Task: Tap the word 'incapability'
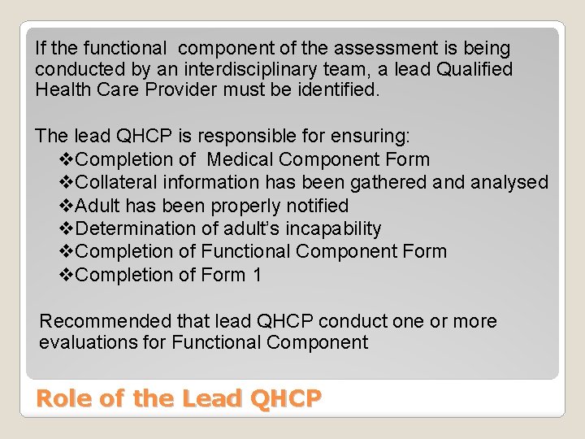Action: pyautogui.click(x=331, y=229)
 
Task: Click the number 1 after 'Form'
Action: pyautogui.click(x=257, y=275)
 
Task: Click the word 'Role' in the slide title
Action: pyautogui.click(x=60, y=398)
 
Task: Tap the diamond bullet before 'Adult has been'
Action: pyautogui.click(x=68, y=206)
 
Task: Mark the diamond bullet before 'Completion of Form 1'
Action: pyautogui.click(x=68, y=276)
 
